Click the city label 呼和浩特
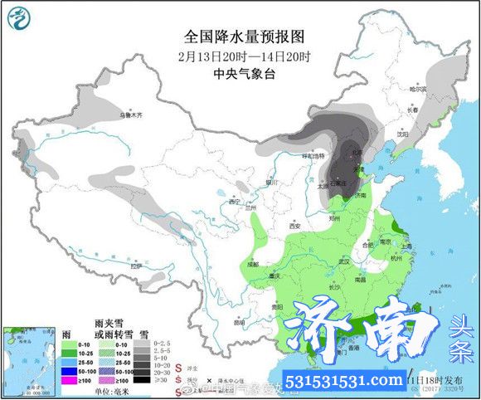coord(312,155)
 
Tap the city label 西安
coord(294,225)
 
